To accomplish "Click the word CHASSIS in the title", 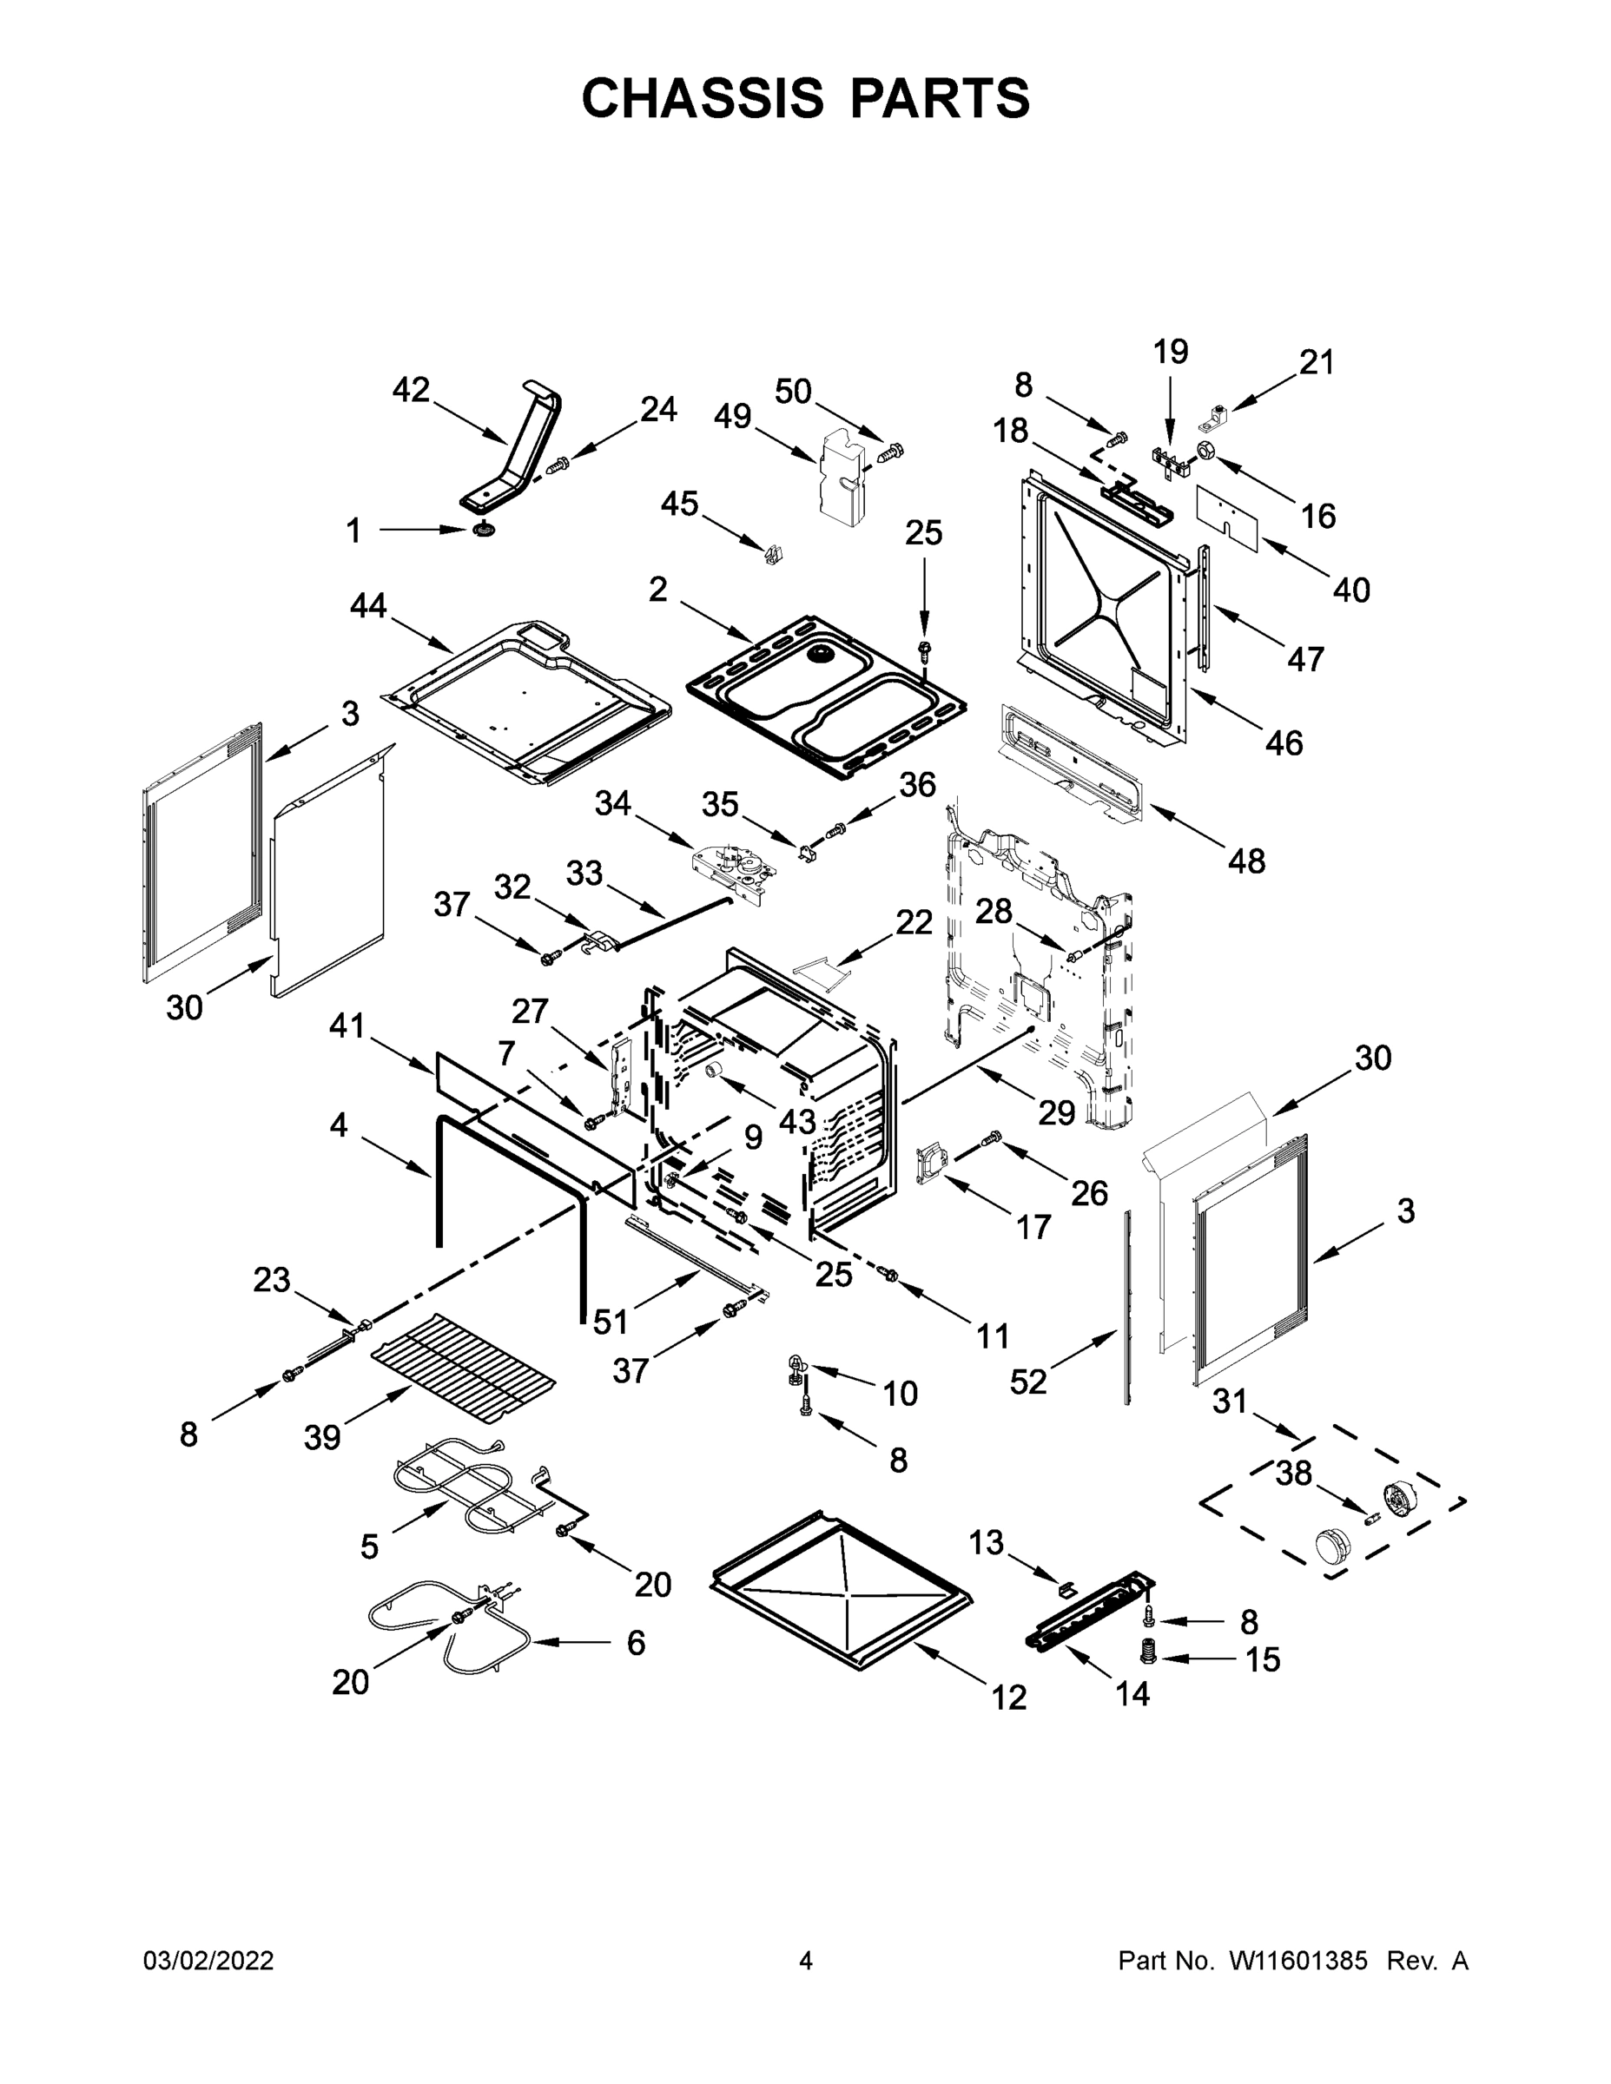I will coord(703,98).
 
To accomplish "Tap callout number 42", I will coord(412,390).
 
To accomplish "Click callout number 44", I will coord(368,605).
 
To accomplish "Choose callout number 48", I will coord(1246,861).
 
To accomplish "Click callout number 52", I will coord(1028,1381).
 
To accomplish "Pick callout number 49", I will coord(732,416).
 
